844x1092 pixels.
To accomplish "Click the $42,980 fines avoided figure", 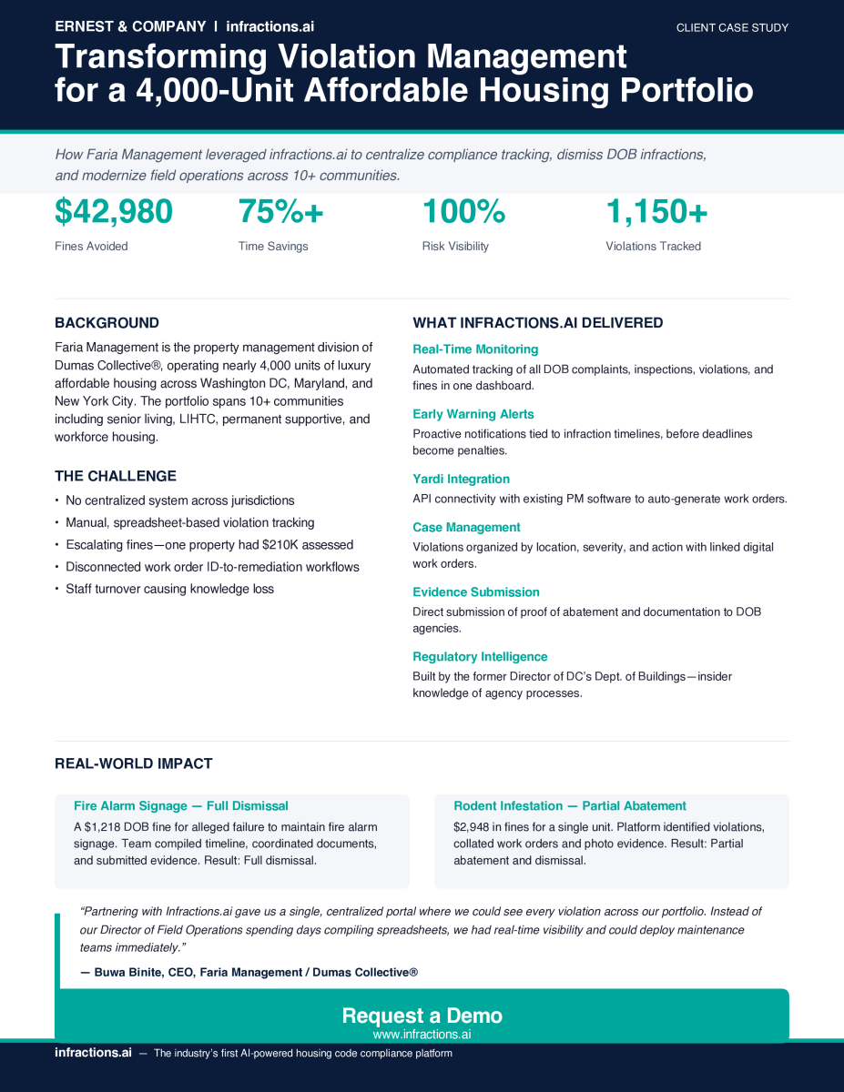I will tap(114, 212).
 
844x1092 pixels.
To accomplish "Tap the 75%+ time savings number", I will tap(280, 212).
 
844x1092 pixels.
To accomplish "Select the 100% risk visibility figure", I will tap(463, 212).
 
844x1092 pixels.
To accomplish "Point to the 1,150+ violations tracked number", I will tap(656, 212).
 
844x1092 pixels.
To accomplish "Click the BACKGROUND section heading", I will tap(107, 323).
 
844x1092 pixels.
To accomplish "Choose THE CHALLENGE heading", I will tap(116, 476).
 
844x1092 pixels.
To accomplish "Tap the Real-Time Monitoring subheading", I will tap(475, 349).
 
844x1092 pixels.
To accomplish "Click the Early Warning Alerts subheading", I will tap(473, 414).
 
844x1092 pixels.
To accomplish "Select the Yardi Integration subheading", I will tap(461, 479).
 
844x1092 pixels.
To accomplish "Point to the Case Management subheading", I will tap(466, 527).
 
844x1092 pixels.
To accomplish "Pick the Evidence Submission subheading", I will tap(476, 591).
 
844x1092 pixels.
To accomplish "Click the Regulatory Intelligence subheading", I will tap(480, 656).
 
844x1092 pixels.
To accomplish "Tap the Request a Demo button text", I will tap(422, 1016).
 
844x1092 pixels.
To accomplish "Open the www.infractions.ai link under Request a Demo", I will tap(422, 1035).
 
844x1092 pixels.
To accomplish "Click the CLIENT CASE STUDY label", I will tap(732, 28).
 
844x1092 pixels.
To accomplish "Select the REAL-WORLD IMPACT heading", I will tap(134, 763).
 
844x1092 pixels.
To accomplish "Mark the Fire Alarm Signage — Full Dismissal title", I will tap(181, 805).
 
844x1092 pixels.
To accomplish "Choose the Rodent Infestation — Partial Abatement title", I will tap(570, 805).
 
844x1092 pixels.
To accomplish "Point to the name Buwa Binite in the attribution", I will tap(128, 973).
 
